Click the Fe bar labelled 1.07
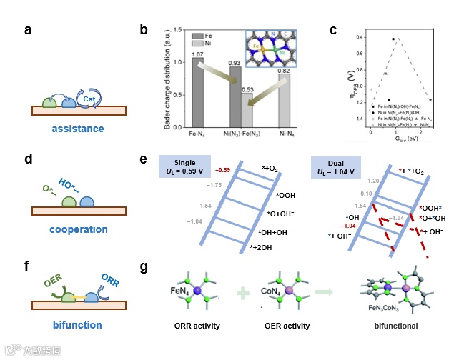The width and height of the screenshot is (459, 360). pyautogui.click(x=197, y=92)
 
